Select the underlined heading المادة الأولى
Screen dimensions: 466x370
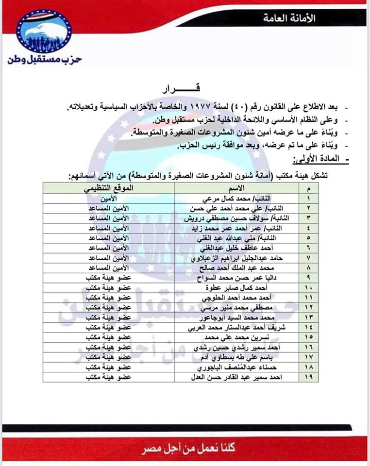pyautogui.click(x=316, y=159)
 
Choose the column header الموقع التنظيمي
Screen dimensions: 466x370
pyautogui.click(x=110, y=188)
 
